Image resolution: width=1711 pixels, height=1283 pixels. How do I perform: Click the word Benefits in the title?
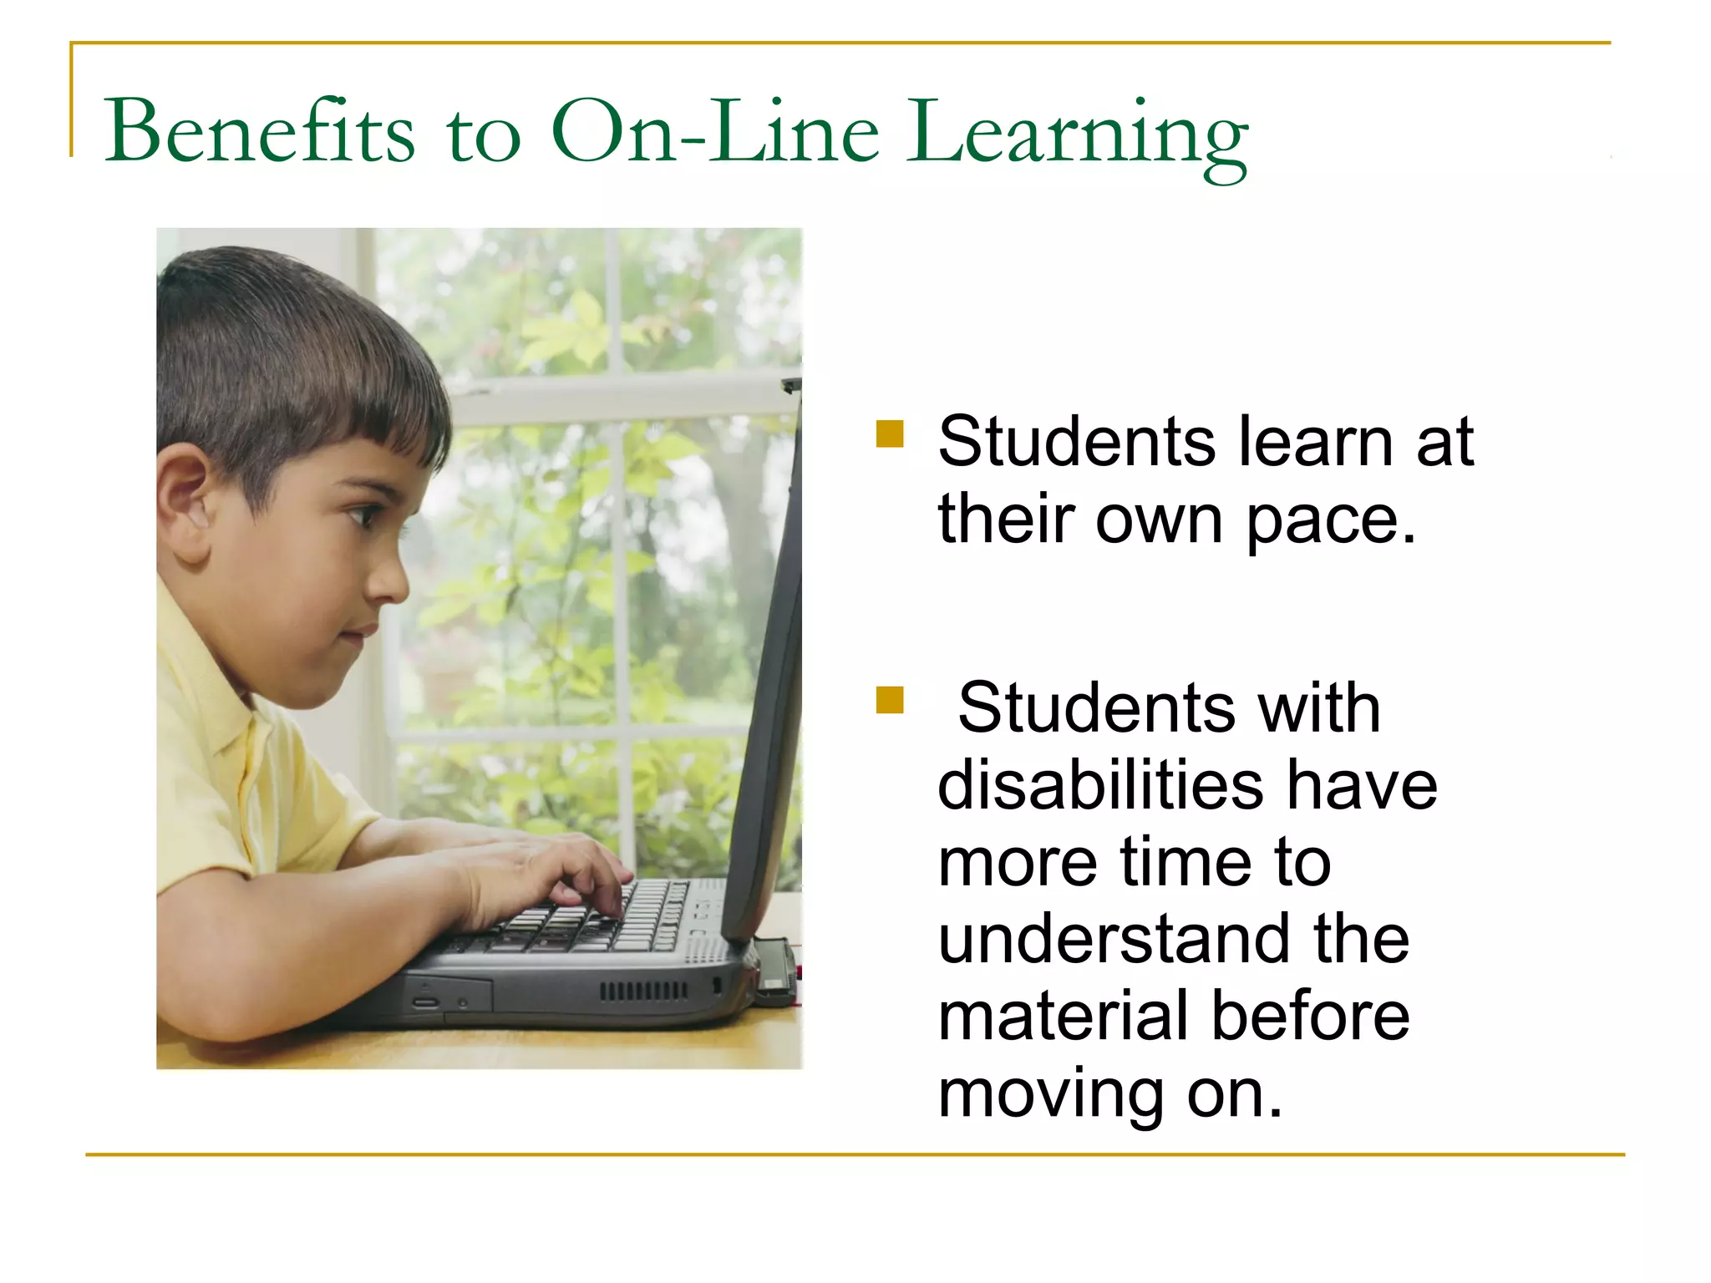pos(259,131)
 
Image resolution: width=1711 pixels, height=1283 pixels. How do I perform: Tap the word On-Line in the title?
pos(715,131)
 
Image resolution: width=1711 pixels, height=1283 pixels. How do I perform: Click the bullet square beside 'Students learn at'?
pos(890,434)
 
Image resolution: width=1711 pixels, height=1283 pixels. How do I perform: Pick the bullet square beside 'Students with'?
pos(890,700)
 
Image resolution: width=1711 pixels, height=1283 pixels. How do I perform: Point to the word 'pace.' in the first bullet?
pos(1332,520)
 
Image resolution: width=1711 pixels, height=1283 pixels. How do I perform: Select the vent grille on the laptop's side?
pos(643,991)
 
